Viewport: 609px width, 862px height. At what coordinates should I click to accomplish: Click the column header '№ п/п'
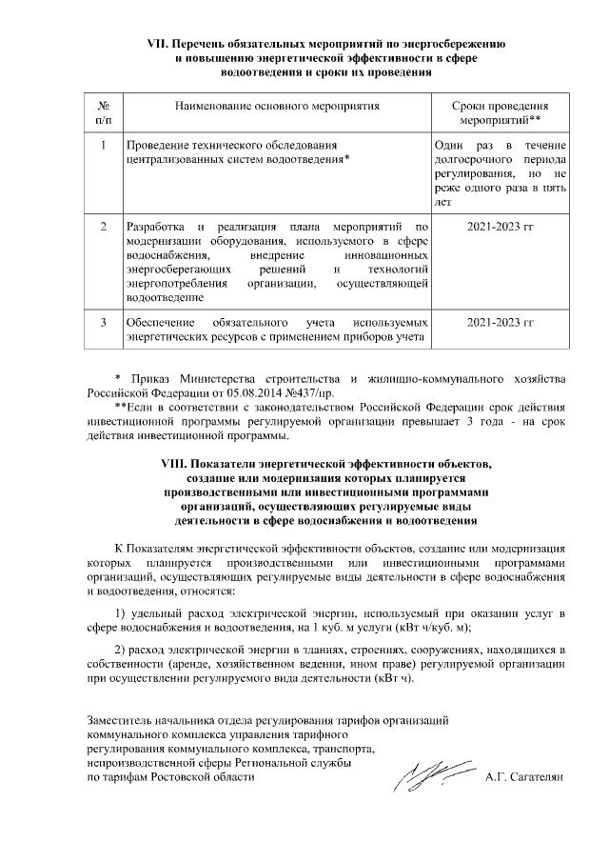(x=103, y=112)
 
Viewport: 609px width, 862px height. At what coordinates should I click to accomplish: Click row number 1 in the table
(x=103, y=145)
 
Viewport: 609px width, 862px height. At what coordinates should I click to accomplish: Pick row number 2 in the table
(x=103, y=229)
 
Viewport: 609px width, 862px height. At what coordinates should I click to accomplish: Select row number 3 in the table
(x=103, y=322)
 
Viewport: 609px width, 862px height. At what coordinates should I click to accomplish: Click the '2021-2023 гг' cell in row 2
(x=501, y=229)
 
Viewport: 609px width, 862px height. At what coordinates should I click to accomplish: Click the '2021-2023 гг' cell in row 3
(x=501, y=322)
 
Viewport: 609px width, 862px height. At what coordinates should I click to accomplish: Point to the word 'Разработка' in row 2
(x=156, y=229)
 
